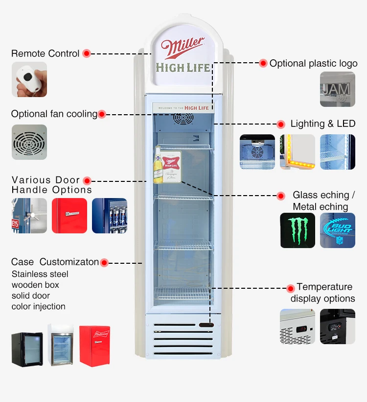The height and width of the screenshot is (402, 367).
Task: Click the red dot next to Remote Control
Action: [87, 53]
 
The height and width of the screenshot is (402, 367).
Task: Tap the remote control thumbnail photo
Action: [29, 79]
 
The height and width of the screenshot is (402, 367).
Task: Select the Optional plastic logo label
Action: [313, 63]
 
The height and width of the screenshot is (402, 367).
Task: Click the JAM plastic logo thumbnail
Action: [337, 89]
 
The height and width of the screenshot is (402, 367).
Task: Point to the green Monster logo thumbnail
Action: [298, 230]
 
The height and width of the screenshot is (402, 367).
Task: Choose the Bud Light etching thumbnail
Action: [338, 230]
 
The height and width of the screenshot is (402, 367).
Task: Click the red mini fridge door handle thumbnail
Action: [69, 215]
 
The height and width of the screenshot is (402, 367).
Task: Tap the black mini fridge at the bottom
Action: [27, 349]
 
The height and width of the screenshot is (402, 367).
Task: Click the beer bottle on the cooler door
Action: [158, 165]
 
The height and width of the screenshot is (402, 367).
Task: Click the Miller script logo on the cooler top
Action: [183, 49]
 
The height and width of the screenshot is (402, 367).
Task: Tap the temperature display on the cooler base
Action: [206, 324]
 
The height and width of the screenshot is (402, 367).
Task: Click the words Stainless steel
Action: [40, 274]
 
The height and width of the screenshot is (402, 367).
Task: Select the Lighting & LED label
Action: [322, 124]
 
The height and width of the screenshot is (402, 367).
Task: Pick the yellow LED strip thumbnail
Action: [298, 152]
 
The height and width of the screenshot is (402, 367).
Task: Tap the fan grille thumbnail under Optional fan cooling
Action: [29, 142]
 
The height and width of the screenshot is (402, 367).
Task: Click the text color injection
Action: [38, 306]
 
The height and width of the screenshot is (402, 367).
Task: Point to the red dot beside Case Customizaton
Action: [104, 263]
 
